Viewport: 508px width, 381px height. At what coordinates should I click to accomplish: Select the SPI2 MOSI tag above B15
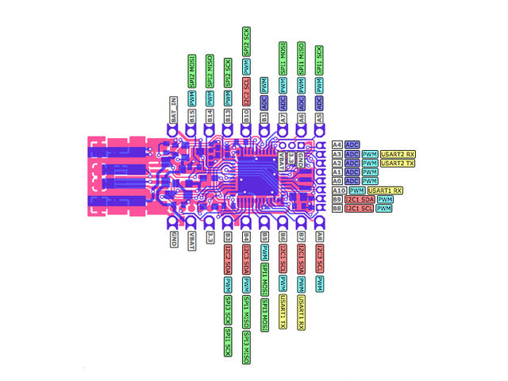pyautogui.click(x=191, y=71)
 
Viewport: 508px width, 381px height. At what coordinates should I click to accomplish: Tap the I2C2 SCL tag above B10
pyautogui.click(x=246, y=87)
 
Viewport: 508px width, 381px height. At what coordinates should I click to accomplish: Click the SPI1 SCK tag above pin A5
pyautogui.click(x=320, y=60)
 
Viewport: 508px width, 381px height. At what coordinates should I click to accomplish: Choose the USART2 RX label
pyautogui.click(x=398, y=153)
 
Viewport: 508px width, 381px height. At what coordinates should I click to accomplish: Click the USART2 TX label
pyautogui.click(x=398, y=163)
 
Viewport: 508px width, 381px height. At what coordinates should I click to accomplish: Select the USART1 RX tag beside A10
pyautogui.click(x=387, y=190)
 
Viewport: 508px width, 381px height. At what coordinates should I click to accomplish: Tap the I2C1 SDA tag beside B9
pyautogui.click(x=359, y=199)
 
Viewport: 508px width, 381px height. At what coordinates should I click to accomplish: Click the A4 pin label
pyautogui.click(x=337, y=144)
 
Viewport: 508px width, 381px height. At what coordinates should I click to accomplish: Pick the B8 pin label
pyautogui.click(x=337, y=209)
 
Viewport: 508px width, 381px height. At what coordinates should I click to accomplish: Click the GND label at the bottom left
pyautogui.click(x=173, y=239)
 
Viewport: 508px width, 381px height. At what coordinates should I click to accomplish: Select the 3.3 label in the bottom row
pyautogui.click(x=210, y=237)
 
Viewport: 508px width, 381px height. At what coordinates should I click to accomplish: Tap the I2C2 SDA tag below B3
pyautogui.click(x=228, y=260)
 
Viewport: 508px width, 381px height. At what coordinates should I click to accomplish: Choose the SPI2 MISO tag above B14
pyautogui.click(x=210, y=71)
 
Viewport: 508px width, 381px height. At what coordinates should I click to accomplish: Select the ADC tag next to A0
pyautogui.click(x=352, y=181)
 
